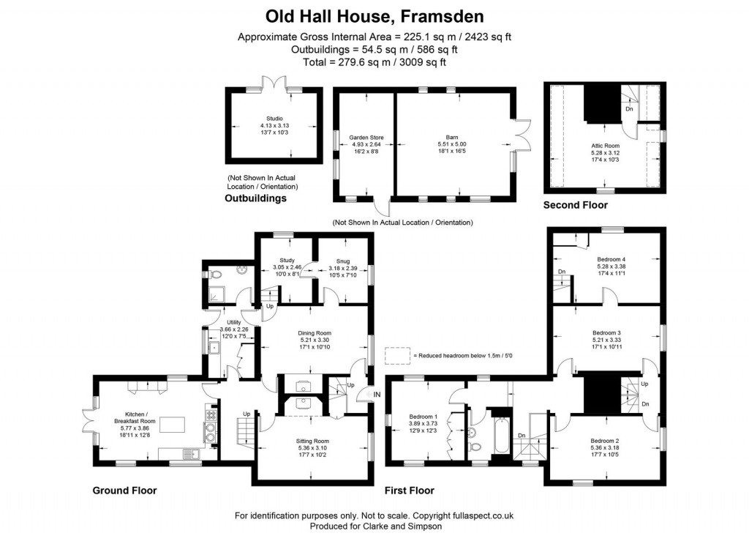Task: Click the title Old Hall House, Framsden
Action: pyautogui.click(x=374, y=15)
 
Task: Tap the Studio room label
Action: pyautogui.click(x=274, y=118)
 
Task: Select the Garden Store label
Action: pyautogui.click(x=364, y=137)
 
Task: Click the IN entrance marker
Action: pyautogui.click(x=377, y=395)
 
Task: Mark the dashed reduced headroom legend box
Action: pyautogui.click(x=397, y=355)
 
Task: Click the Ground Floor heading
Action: pyautogui.click(x=124, y=491)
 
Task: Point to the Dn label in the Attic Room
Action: pyautogui.click(x=629, y=109)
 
